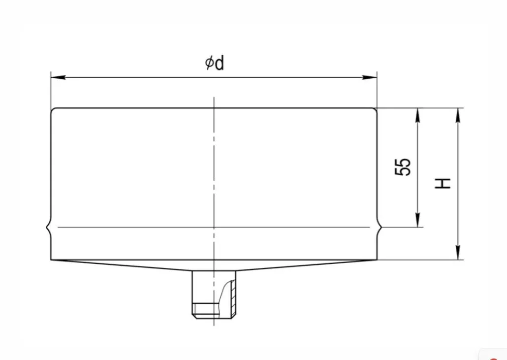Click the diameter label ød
tap(215, 63)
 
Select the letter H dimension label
tap(443, 183)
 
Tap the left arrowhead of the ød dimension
tap(58, 77)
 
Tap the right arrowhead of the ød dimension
tap(370, 77)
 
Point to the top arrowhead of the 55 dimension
tap(418, 115)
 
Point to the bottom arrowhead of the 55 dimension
tap(418, 220)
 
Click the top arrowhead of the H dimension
tap(457, 115)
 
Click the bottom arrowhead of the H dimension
tap(457, 252)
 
